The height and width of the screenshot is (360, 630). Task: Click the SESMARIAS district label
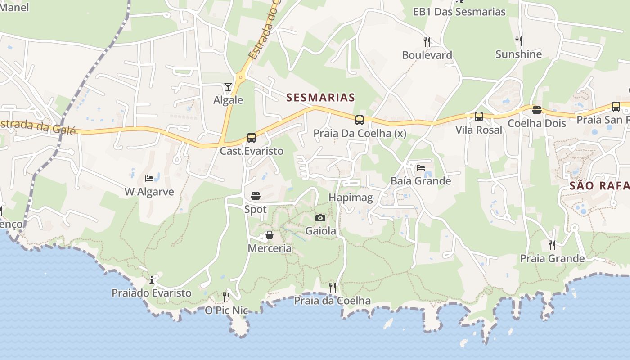(x=321, y=97)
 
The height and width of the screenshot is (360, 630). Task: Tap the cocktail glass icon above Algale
(x=228, y=86)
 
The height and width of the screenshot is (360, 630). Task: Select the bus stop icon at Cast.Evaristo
(x=252, y=138)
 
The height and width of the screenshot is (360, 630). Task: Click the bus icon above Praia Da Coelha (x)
(x=360, y=120)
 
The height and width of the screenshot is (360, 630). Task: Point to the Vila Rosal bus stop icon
(x=479, y=117)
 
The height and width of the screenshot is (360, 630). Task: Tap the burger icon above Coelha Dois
(x=536, y=110)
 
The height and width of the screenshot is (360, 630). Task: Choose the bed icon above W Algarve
(x=149, y=179)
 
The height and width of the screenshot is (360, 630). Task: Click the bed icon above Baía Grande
(x=421, y=168)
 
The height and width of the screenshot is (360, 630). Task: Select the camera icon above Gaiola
(x=320, y=218)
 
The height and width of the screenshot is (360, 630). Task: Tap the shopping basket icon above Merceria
(x=269, y=235)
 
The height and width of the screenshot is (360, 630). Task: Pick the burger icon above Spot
(x=256, y=196)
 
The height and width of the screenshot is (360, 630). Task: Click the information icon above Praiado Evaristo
(x=152, y=280)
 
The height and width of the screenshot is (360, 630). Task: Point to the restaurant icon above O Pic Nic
(x=226, y=297)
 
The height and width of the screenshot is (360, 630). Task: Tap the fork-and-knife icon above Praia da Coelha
(x=333, y=287)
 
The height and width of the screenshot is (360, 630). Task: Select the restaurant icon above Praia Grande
(x=552, y=245)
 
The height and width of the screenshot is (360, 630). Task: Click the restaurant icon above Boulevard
(x=427, y=42)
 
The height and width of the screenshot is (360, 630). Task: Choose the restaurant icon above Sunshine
(x=519, y=41)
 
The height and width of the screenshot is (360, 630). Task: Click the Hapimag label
(x=351, y=198)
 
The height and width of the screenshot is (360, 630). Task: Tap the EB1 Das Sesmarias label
(x=459, y=12)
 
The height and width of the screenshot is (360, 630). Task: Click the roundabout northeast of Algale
(x=240, y=77)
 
